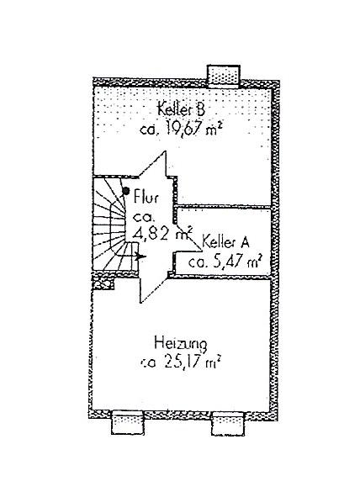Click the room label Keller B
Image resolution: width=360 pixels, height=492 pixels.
[x=182, y=109]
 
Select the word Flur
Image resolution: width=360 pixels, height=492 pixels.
[x=146, y=197]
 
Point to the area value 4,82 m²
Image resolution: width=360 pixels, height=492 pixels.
[x=162, y=234]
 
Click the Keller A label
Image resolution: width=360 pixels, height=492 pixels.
[x=225, y=242]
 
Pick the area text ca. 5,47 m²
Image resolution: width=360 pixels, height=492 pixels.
[x=225, y=262]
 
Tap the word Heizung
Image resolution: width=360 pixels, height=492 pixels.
[x=181, y=344]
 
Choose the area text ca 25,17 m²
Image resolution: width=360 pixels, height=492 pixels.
[x=179, y=362]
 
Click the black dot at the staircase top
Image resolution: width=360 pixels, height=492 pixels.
[x=126, y=190]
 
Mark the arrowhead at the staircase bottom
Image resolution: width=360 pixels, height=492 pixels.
[x=141, y=257]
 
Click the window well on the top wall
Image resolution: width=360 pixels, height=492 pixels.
[x=224, y=76]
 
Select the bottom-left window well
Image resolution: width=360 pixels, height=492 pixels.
[x=128, y=423]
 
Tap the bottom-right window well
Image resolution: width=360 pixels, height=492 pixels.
[x=228, y=424]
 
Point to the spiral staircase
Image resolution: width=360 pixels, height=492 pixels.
[x=115, y=224]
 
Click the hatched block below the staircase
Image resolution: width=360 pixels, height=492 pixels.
[x=103, y=282]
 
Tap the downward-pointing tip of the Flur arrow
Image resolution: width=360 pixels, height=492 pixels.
[x=141, y=303]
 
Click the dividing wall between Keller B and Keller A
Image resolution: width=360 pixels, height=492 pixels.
[x=224, y=206]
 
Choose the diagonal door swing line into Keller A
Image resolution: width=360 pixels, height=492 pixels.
[x=188, y=237]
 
